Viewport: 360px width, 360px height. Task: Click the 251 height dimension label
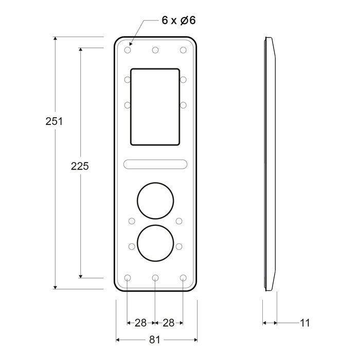(x=54, y=121)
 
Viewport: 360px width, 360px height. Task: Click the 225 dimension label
(x=80, y=166)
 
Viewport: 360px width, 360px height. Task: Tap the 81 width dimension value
(x=155, y=340)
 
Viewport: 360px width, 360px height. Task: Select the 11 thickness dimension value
(x=305, y=323)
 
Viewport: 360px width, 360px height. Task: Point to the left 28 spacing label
(x=140, y=323)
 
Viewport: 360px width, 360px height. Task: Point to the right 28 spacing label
(x=169, y=323)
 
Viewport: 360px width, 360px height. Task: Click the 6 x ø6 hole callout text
(x=178, y=21)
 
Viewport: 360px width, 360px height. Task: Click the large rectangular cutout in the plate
(x=155, y=106)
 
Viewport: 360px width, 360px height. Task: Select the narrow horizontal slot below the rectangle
(x=155, y=164)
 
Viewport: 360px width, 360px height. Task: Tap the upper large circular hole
(x=155, y=200)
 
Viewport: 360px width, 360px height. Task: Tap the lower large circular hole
(x=155, y=242)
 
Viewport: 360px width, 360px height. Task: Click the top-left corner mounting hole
(x=128, y=50)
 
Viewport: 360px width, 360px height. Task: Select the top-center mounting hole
(x=155, y=50)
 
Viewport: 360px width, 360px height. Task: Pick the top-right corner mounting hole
(x=183, y=50)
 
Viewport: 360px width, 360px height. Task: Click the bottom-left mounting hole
(x=128, y=278)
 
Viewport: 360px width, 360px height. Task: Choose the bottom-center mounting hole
(x=155, y=278)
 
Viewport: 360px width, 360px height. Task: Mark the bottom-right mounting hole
(x=183, y=278)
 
